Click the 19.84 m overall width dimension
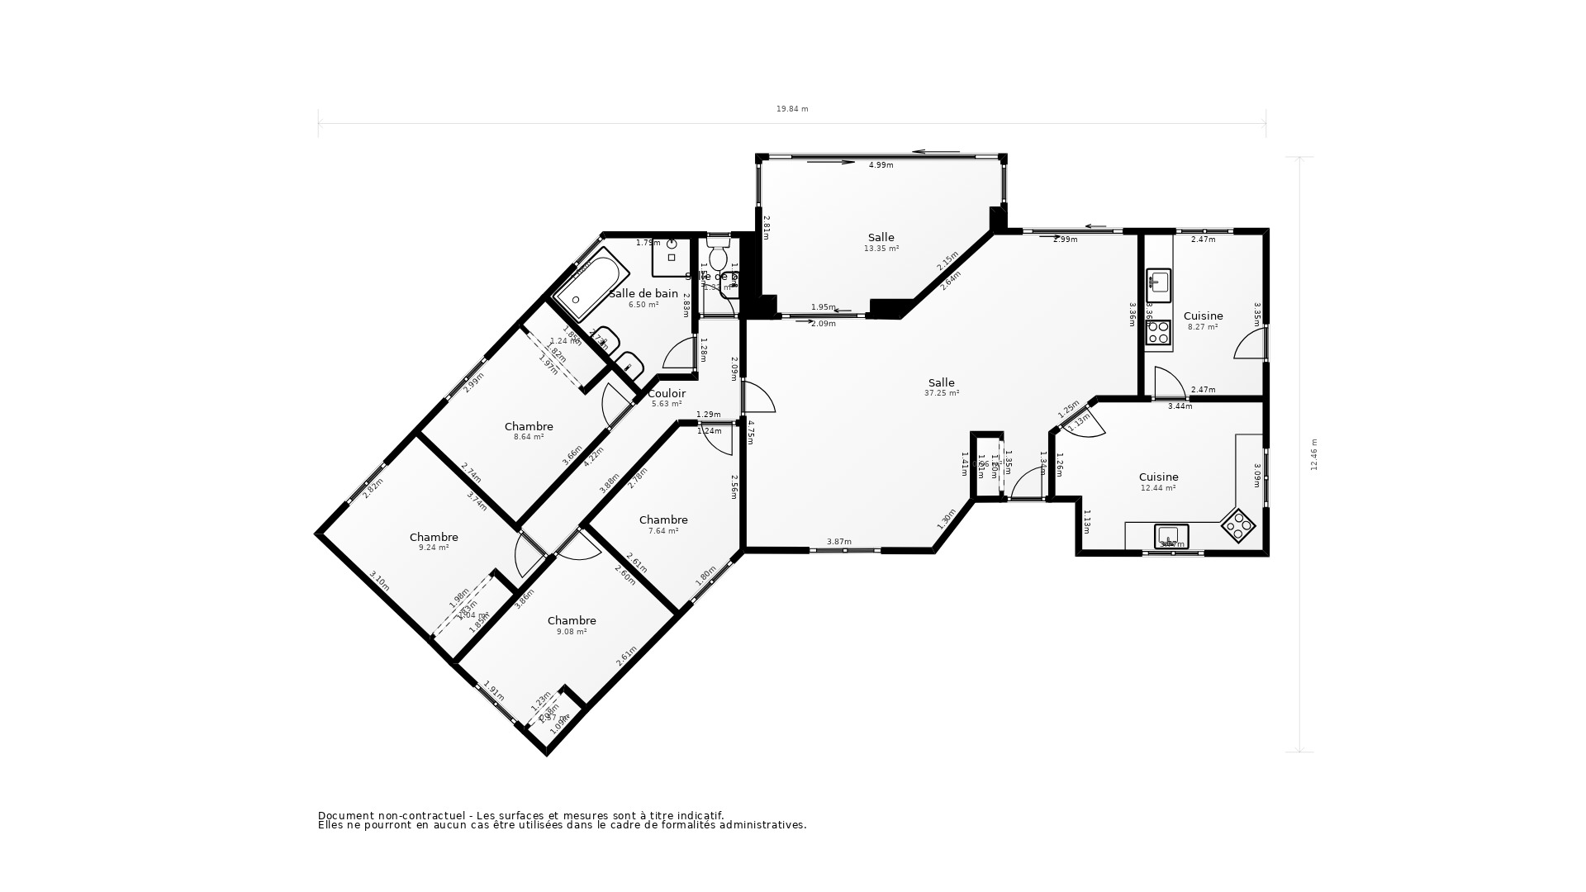click(x=791, y=109)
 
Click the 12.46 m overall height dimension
click(x=1313, y=454)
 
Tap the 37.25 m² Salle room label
click(x=941, y=387)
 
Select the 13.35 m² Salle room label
click(x=881, y=242)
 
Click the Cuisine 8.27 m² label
click(x=1203, y=320)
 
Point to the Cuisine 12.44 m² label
click(x=1158, y=482)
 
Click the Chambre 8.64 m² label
click(x=529, y=431)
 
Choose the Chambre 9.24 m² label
click(x=434, y=542)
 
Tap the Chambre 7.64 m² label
click(x=663, y=524)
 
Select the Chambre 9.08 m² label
click(x=572, y=625)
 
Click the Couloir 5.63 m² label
click(x=667, y=398)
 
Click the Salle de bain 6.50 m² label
click(x=643, y=298)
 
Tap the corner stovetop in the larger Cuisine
click(x=1238, y=526)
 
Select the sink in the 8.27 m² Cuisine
click(x=1159, y=282)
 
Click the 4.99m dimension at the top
click(x=881, y=165)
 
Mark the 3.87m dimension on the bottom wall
click(x=838, y=542)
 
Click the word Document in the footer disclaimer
click(x=343, y=815)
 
